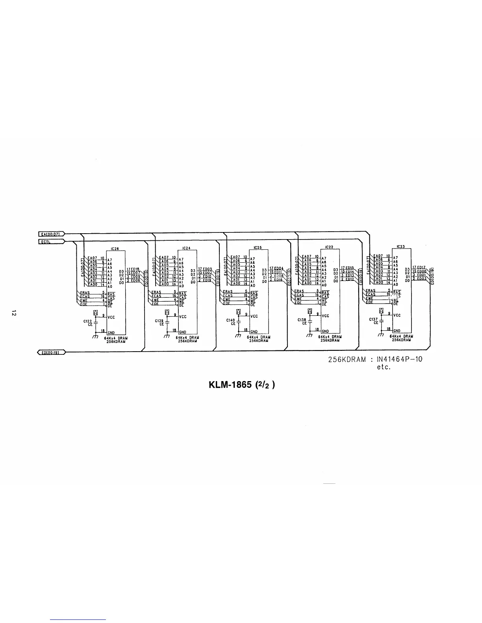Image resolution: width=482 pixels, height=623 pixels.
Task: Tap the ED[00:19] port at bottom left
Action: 51,352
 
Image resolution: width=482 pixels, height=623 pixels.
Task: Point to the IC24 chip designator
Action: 187,249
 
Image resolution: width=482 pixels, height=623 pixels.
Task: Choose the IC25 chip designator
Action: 258,248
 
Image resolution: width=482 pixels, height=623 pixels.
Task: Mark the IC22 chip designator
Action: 329,247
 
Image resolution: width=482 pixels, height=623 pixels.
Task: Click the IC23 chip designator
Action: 401,246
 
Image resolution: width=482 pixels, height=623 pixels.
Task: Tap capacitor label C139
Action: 159,321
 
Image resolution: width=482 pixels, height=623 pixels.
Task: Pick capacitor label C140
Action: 231,320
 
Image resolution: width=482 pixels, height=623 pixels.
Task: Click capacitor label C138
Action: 302,320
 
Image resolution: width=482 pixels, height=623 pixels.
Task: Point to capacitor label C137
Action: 374,319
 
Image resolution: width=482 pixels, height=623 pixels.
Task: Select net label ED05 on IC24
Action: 206,269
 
